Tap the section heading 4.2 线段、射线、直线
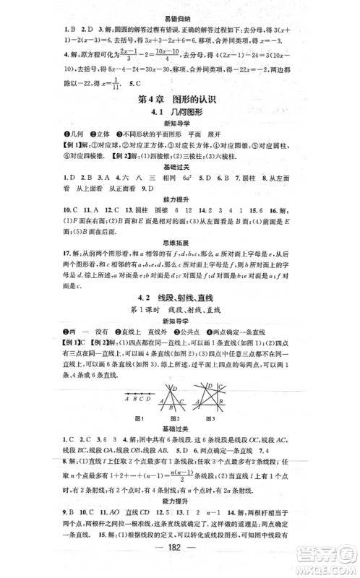[x=179, y=298]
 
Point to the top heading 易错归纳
[x=179, y=7]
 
